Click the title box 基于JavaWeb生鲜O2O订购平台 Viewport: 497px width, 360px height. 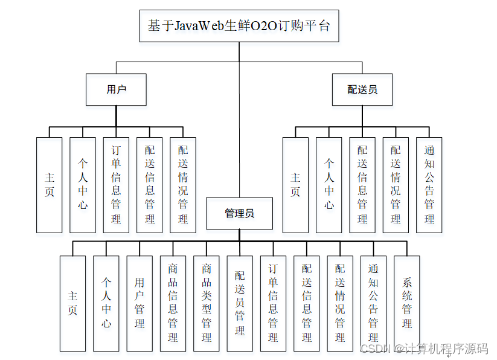[239, 26]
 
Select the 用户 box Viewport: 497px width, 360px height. [116, 89]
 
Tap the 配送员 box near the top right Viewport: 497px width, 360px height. [362, 89]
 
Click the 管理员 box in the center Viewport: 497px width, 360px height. [239, 213]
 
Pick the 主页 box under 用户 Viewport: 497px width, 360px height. [49, 185]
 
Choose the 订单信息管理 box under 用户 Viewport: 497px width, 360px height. [116, 185]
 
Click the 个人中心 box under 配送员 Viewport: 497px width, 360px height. [329, 185]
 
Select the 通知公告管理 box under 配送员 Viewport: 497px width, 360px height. [429, 185]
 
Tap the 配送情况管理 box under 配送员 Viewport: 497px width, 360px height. [396, 185]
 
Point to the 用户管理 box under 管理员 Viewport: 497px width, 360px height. [139, 303]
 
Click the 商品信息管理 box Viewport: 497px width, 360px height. [173, 303]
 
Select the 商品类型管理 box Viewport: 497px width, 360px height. [207, 303]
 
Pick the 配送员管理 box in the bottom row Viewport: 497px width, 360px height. [240, 303]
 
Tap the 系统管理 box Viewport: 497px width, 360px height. [407, 303]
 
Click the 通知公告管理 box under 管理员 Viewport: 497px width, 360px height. [373, 303]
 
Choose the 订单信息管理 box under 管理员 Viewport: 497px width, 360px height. [273, 303]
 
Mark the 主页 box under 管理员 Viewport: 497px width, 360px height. [72, 303]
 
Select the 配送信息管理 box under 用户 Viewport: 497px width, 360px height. [149, 185]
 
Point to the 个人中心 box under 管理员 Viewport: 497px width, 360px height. [106, 303]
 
